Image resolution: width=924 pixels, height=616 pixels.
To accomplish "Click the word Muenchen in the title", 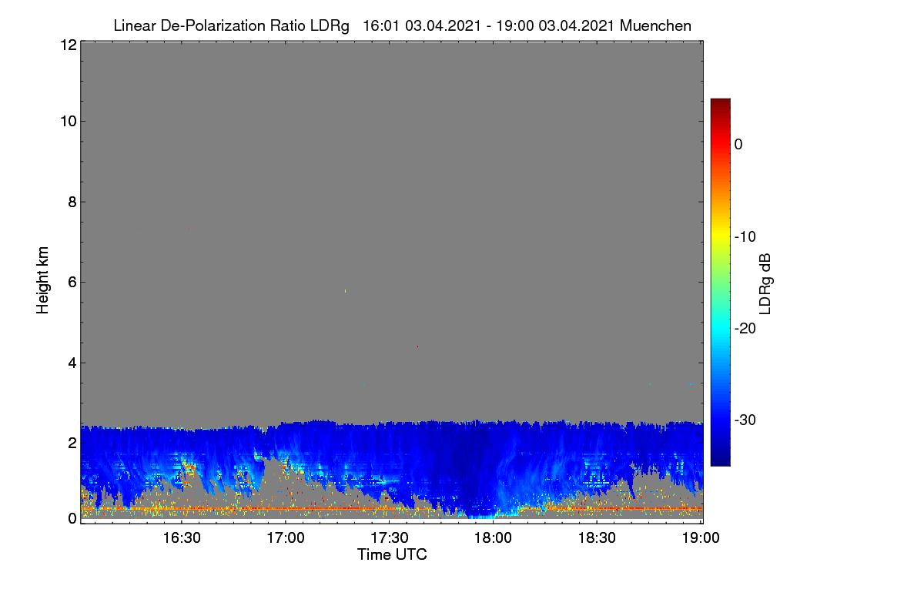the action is [655, 25].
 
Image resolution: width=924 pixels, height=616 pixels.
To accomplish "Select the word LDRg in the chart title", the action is [330, 26].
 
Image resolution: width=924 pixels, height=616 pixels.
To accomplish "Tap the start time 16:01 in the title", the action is [381, 25].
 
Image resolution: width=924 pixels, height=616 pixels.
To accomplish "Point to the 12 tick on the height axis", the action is [69, 45].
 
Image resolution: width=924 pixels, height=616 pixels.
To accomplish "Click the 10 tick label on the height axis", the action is [69, 122].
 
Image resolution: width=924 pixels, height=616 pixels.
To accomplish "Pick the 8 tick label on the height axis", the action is [72, 202].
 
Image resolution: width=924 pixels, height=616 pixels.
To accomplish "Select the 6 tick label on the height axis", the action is [72, 283].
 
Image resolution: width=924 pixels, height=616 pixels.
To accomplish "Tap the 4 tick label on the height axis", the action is [72, 363].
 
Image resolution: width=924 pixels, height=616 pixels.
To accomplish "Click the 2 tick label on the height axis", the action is [72, 443].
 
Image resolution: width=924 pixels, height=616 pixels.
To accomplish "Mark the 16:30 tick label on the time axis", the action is [182, 538].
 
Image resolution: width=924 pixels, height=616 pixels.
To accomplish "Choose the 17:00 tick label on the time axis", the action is [286, 538].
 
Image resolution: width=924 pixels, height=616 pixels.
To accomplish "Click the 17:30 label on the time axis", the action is [390, 538].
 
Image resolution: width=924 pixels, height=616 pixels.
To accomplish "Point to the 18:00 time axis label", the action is [494, 538].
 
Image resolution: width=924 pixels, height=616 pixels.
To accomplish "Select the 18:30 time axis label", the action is [598, 538].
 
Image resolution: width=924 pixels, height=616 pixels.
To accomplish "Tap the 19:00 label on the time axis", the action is [701, 538].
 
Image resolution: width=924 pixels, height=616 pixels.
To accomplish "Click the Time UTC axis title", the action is [392, 554].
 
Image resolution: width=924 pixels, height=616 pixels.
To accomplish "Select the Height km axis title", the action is [42, 280].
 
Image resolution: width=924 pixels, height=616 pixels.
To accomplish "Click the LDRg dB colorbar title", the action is [765, 284].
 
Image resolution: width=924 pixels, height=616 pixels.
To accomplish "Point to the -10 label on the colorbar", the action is [745, 237].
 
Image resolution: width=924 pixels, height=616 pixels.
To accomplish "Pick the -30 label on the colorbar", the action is [745, 420].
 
